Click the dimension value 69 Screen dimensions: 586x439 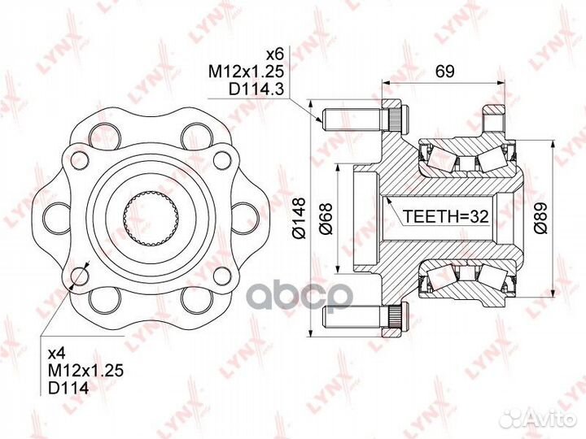pos(444,71)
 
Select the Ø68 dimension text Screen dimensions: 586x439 pos(326,219)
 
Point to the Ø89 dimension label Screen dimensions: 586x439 pos(540,218)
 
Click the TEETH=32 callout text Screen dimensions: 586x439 pos(445,216)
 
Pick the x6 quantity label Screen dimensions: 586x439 pos(275,54)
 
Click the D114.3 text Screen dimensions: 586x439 pos(256,89)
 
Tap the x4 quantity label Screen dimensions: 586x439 pos(57,354)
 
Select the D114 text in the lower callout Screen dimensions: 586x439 pos(68,389)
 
